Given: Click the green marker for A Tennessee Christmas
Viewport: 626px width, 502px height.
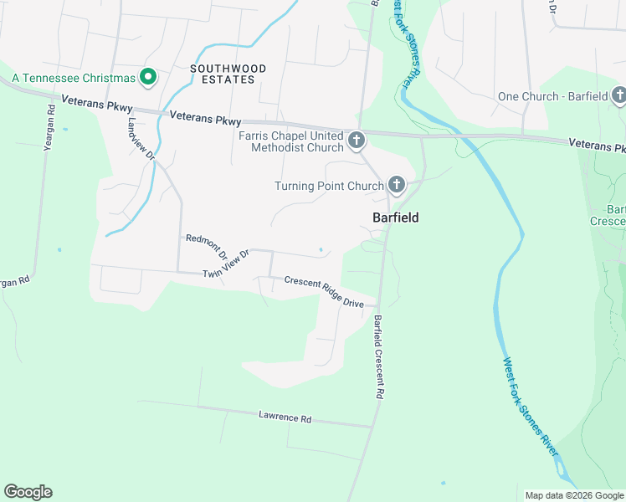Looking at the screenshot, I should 149,78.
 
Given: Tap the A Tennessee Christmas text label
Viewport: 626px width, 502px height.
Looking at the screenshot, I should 74,78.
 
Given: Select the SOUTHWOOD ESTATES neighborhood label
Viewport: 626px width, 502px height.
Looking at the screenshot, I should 228,74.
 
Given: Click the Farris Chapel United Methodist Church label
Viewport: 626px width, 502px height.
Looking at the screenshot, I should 290,141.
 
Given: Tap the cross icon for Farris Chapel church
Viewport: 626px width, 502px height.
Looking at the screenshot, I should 357,141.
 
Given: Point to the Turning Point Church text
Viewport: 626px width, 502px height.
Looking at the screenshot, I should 329,186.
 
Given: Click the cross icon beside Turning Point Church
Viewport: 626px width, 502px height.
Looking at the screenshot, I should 396,185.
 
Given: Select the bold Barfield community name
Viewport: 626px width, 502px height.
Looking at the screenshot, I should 395,218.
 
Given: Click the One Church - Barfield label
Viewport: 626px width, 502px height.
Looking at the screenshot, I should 552,96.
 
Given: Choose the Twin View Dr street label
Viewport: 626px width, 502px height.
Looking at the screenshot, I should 227,264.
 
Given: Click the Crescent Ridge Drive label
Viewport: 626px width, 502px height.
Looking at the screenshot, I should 324,292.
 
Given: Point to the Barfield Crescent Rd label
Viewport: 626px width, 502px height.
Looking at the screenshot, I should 380,356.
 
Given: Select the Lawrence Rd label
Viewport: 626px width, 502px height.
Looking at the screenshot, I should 285,416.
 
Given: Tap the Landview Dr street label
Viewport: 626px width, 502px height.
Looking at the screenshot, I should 141,137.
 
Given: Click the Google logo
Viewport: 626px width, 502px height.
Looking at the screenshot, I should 28,492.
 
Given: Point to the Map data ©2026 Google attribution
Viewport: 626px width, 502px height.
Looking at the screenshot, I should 573,495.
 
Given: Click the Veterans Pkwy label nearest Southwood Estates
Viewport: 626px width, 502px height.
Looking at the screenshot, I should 205,120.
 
